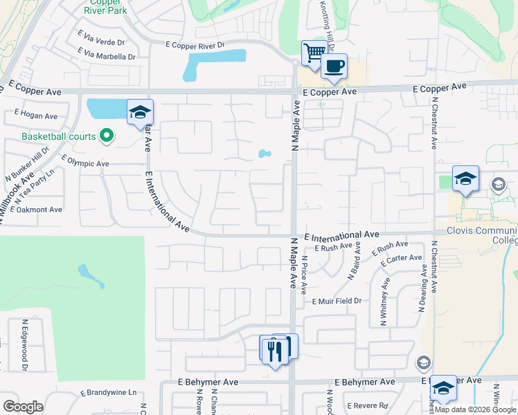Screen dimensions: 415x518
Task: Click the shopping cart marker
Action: pyautogui.click(x=314, y=53)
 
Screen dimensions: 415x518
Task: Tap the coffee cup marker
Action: pyautogui.click(x=334, y=66)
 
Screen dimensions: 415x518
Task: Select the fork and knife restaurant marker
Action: pyautogui.click(x=275, y=350)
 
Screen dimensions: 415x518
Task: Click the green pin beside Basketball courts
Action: pyautogui.click(x=106, y=136)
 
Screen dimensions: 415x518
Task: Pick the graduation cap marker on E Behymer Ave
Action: pyautogui.click(x=443, y=389)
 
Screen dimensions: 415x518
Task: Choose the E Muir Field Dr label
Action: pyautogui.click(x=337, y=302)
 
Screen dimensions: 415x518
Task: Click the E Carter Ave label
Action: pyautogui.click(x=401, y=259)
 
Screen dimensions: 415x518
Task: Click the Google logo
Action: pyautogui.click(x=23, y=407)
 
